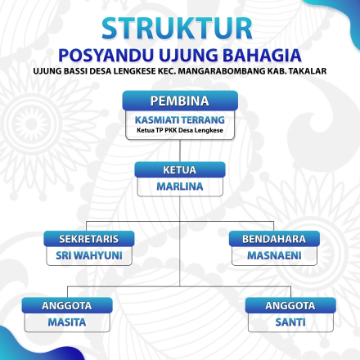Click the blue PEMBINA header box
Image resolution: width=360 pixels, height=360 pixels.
(x=180, y=101)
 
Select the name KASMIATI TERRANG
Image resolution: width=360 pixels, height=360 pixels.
(x=180, y=119)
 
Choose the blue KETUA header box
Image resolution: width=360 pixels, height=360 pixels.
(x=180, y=170)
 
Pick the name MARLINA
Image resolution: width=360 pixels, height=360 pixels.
(x=180, y=187)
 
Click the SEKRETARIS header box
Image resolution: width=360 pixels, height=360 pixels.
(x=90, y=239)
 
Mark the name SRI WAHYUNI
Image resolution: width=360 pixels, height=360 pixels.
(x=90, y=255)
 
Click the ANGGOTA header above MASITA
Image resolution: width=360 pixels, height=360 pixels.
(x=67, y=305)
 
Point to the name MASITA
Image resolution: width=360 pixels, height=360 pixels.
(x=67, y=322)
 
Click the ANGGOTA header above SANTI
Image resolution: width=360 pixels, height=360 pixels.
(x=290, y=305)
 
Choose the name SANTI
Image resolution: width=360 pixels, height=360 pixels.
(x=290, y=322)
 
